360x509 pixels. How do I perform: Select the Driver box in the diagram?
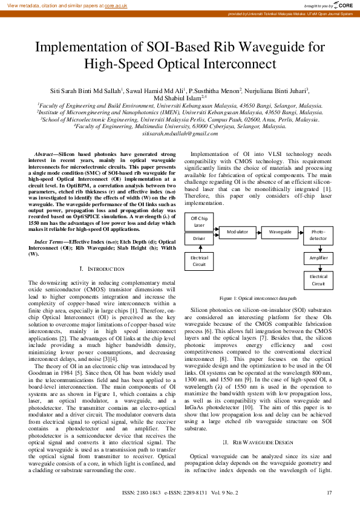click(x=199, y=239)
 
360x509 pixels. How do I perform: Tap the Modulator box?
click(x=237, y=232)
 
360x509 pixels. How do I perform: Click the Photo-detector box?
click(x=318, y=235)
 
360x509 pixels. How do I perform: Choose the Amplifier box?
click(x=318, y=258)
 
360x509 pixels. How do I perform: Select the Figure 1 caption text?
click(x=258, y=299)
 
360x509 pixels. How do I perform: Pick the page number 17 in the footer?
click(x=329, y=493)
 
